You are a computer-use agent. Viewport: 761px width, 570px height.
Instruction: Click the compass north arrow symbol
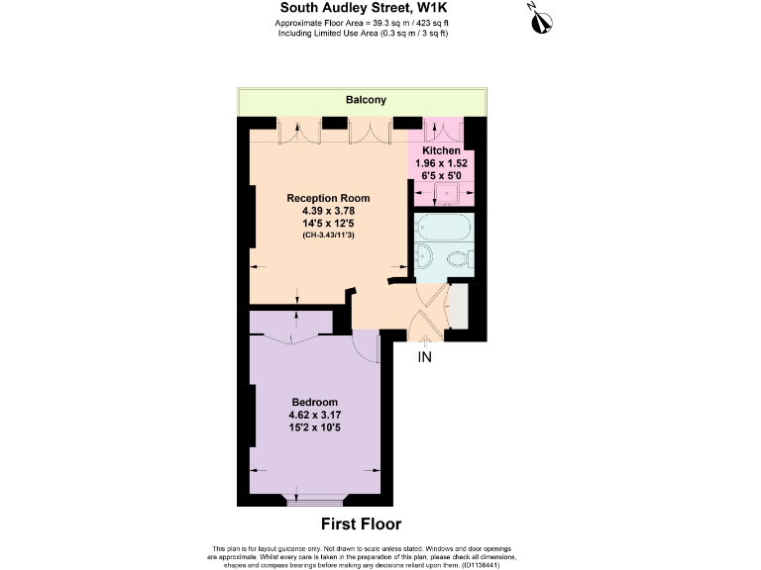[x=539, y=18]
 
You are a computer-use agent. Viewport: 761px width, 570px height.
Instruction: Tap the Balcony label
[x=366, y=101]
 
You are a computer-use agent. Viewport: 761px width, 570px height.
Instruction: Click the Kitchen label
[x=441, y=150]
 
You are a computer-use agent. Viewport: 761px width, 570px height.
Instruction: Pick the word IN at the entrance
[x=425, y=356]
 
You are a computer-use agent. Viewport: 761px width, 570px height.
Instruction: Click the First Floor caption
[x=362, y=524]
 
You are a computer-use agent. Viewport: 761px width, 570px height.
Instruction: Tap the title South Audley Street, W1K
[x=362, y=8]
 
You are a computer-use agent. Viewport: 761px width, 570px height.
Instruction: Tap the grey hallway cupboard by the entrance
[x=458, y=307]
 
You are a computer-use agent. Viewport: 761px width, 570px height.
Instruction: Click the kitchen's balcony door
[x=436, y=129]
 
